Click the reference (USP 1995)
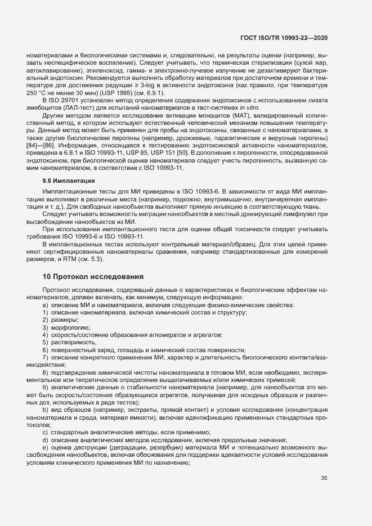pos(116,92)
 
